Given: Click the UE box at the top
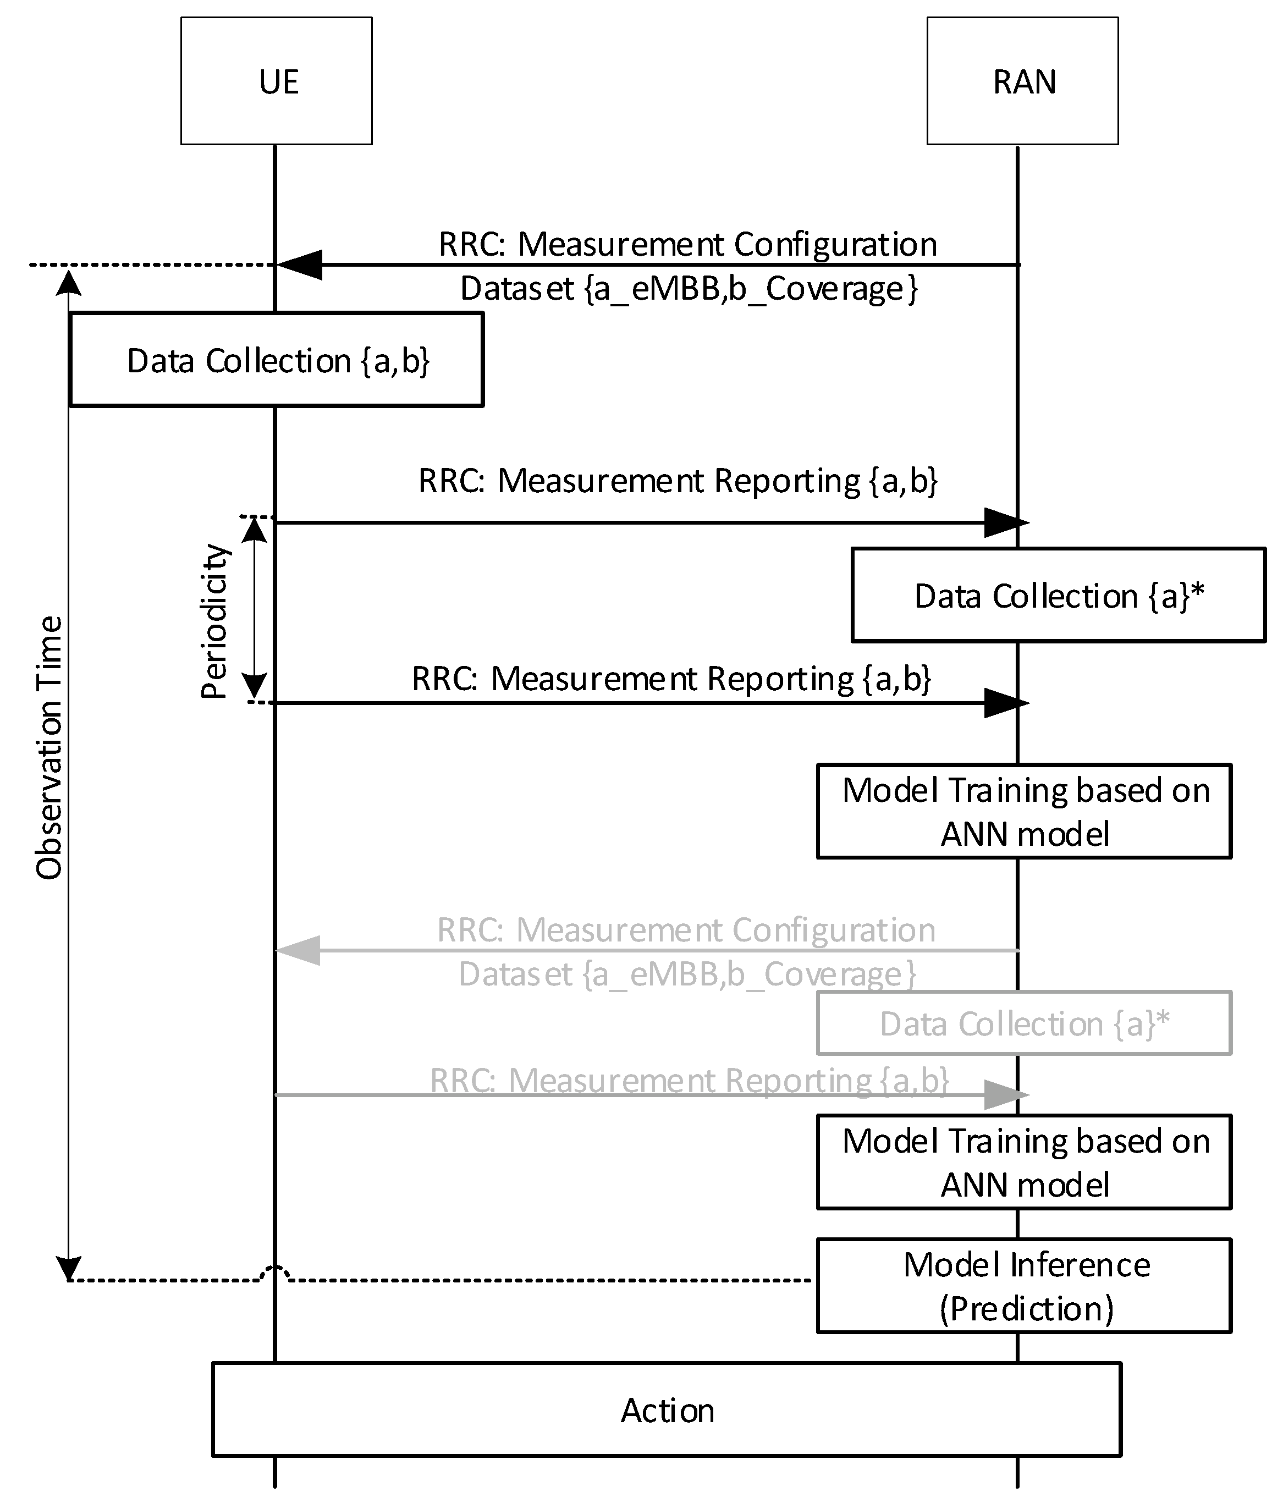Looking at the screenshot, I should click(x=277, y=81).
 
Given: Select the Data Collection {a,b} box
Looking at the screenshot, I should click(x=277, y=359).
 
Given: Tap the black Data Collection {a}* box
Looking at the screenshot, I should click(x=1058, y=595).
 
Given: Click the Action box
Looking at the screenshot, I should click(x=666, y=1409).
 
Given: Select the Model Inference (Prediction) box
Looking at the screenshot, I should click(x=1024, y=1286).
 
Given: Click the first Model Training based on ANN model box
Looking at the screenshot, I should click(x=1024, y=811).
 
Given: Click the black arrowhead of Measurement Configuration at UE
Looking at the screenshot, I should click(x=300, y=265).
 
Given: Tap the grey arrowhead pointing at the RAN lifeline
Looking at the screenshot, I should click(x=1005, y=1094).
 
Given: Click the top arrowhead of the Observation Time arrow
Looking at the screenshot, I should click(x=69, y=282).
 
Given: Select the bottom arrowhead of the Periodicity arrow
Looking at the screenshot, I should click(x=254, y=686).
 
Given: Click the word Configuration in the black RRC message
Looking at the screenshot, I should click(x=835, y=244).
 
